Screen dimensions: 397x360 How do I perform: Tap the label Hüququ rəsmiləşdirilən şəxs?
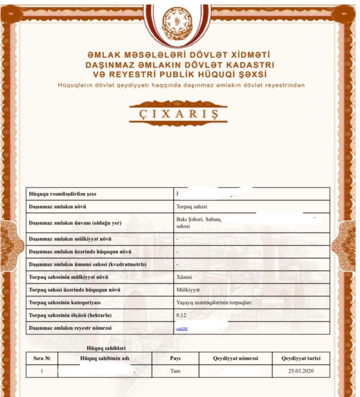[x=62, y=194]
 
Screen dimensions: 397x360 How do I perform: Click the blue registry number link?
[x=182, y=328]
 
